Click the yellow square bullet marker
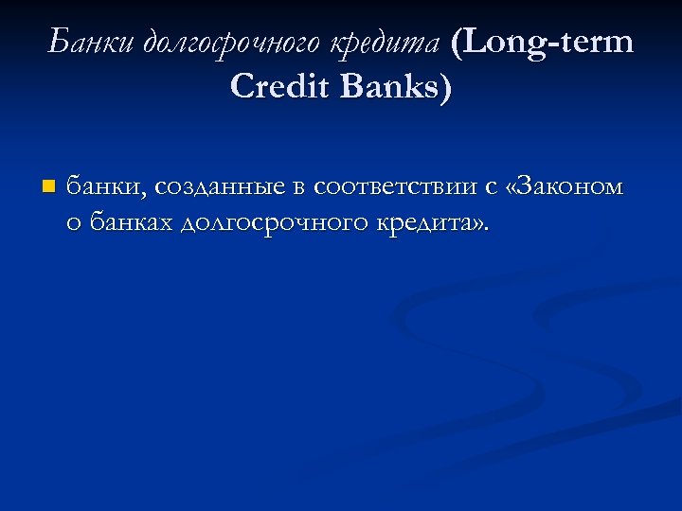coord(48,186)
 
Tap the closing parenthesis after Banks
coord(446,88)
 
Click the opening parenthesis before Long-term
coord(459,44)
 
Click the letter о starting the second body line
coord(74,225)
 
